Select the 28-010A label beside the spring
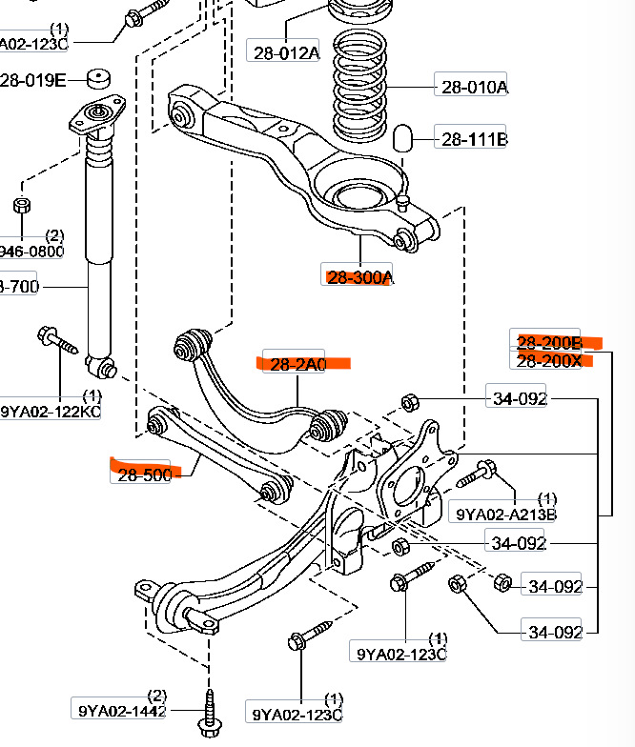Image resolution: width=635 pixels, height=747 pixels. [474, 87]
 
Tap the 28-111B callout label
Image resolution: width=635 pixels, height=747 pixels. [473, 140]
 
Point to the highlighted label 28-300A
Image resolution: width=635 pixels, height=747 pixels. [359, 277]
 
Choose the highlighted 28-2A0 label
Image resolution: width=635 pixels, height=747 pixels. [297, 363]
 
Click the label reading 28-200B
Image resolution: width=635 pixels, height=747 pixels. [548, 343]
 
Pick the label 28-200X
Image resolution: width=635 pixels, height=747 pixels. [548, 361]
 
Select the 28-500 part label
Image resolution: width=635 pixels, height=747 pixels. [146, 474]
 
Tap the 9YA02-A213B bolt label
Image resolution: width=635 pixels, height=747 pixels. [505, 515]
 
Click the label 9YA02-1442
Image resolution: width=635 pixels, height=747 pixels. [121, 710]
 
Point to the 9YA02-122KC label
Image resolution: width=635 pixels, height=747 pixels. [51, 411]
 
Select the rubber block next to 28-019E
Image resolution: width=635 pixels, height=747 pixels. [97, 78]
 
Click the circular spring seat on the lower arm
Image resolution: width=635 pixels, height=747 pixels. [360, 196]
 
